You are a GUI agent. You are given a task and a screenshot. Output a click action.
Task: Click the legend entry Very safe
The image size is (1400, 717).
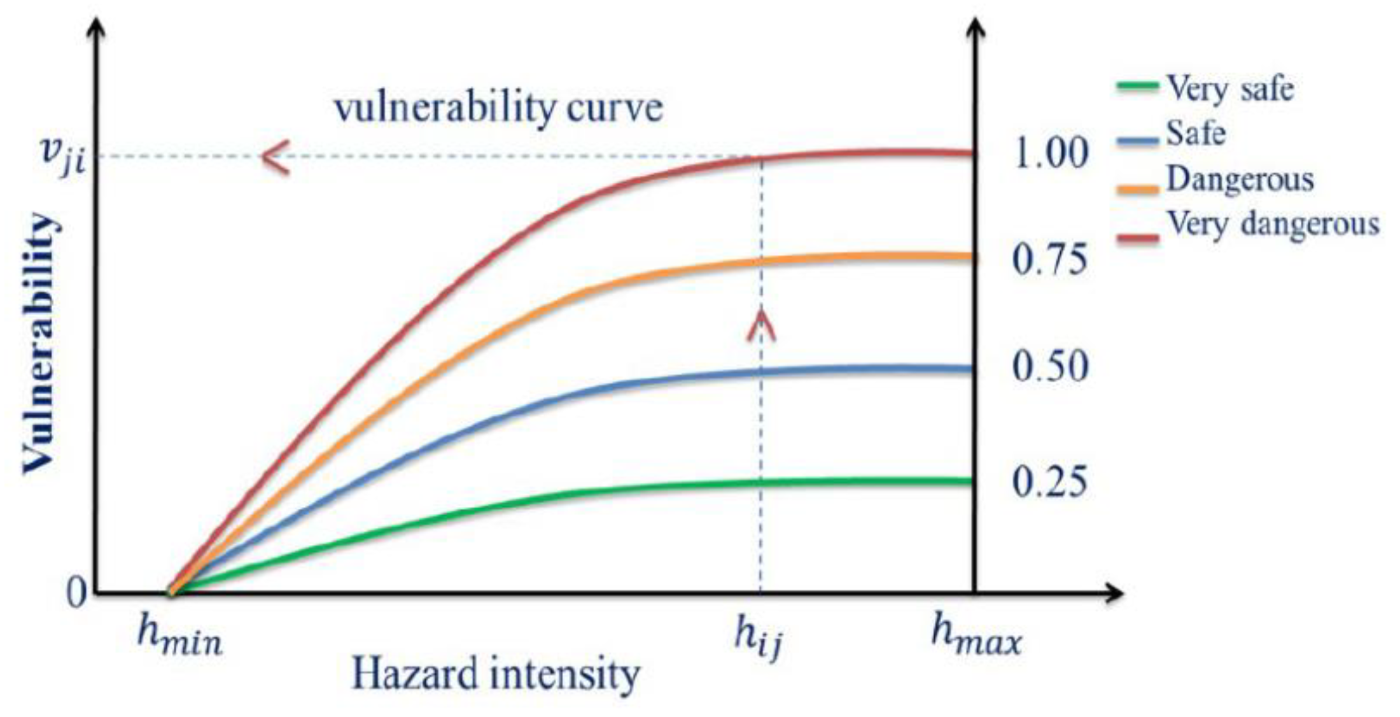[1229, 89]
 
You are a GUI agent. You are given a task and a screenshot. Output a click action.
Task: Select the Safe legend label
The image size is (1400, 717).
[1195, 134]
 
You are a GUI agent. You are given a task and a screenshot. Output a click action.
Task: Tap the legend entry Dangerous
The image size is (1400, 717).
[1240, 180]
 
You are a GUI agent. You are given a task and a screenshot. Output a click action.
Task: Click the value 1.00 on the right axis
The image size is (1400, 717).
[1051, 154]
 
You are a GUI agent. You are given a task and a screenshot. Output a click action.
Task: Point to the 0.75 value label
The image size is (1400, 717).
[1049, 260]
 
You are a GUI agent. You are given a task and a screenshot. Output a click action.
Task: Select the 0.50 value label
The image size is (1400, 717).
[1050, 367]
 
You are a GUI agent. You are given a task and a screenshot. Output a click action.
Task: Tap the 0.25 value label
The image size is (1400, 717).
[1049, 481]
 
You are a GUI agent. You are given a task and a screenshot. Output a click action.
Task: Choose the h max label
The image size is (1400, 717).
[976, 635]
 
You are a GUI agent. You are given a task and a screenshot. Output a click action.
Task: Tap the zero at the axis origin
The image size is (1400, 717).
[76, 593]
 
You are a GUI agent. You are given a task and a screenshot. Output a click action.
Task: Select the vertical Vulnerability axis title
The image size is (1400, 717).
[40, 344]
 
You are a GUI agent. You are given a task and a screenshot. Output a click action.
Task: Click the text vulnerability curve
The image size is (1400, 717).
[499, 108]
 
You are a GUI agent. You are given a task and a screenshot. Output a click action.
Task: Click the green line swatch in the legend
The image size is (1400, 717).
[1137, 86]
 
